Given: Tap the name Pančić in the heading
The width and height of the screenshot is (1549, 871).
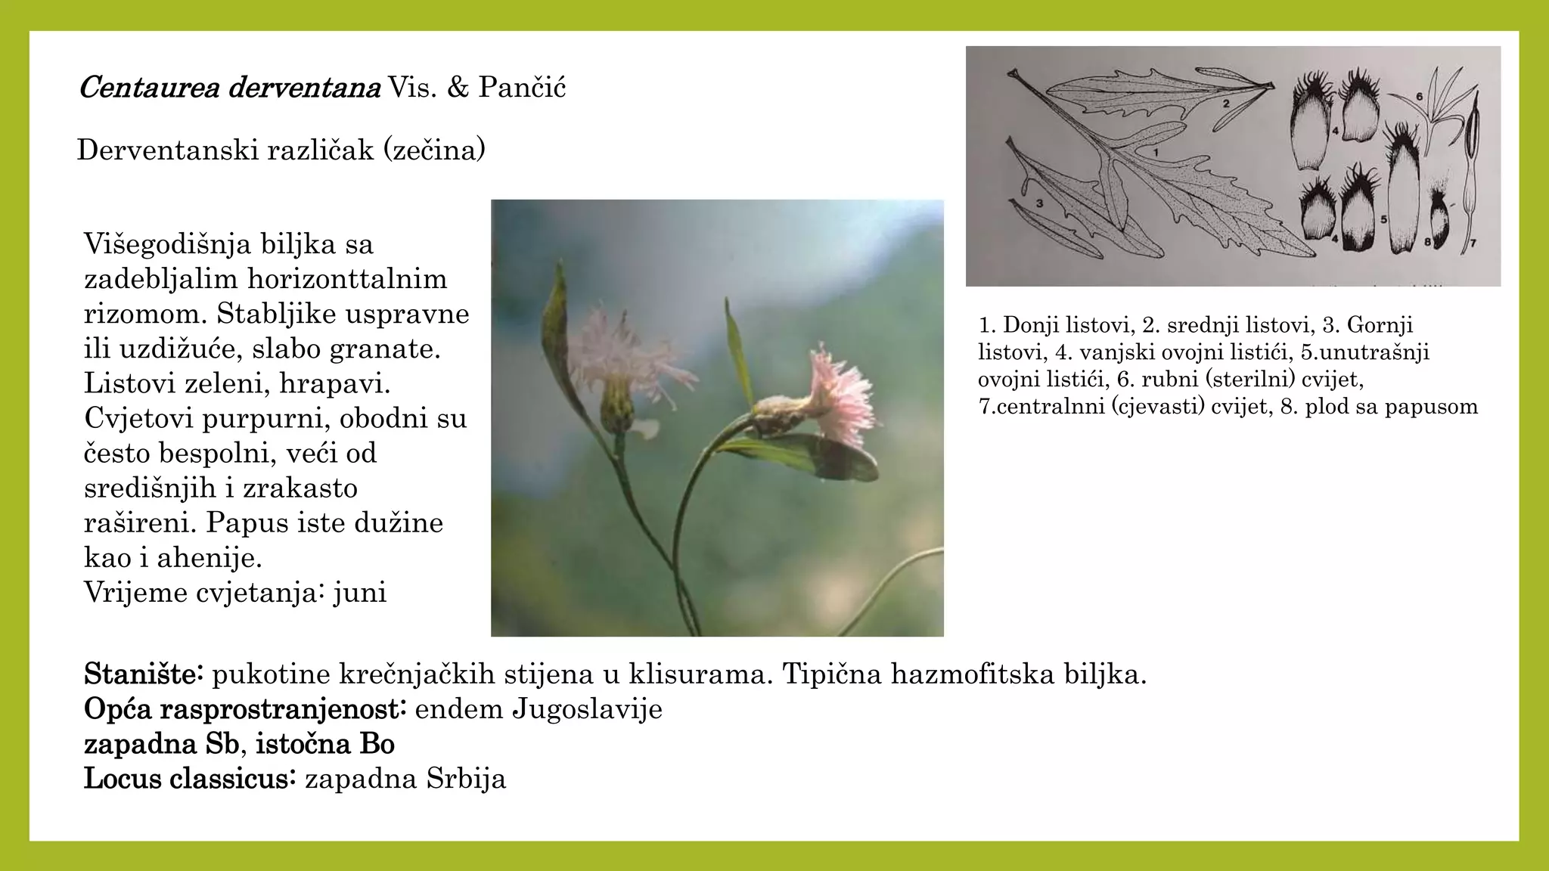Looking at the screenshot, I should click(x=522, y=88).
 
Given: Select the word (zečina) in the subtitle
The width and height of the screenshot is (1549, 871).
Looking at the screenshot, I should click(x=434, y=150).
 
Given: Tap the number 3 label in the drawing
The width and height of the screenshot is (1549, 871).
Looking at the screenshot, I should click(x=1040, y=203).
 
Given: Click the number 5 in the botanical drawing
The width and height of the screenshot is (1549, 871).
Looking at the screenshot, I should click(x=1383, y=219).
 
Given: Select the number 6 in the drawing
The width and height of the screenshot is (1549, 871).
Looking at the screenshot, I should click(x=1420, y=97).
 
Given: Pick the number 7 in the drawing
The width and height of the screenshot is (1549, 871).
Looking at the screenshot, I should click(x=1472, y=243).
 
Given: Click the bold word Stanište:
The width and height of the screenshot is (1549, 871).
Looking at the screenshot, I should click(x=144, y=674).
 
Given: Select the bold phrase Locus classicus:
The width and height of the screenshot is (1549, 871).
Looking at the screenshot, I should click(x=189, y=779).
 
